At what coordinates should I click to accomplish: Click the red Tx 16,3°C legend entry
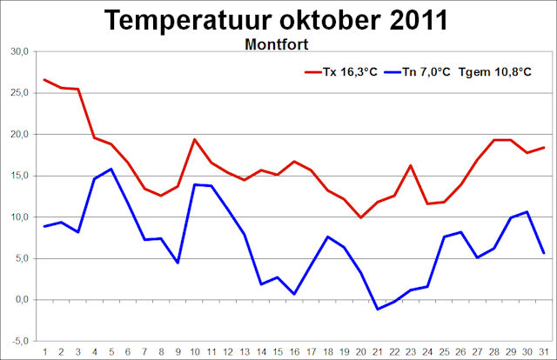point(345,72)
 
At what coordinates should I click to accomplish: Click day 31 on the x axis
point(543,350)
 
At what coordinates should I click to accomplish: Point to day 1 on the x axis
point(44,350)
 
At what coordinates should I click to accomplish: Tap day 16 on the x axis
point(294,350)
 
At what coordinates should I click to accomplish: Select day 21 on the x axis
point(377,350)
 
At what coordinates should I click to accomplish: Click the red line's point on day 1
point(44,80)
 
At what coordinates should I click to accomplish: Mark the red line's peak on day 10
point(194,139)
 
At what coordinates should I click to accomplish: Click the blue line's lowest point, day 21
point(377,309)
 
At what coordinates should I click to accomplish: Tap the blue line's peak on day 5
point(111,169)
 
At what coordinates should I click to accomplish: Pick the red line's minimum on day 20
point(360,217)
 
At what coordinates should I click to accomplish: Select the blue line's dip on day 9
point(178,263)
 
